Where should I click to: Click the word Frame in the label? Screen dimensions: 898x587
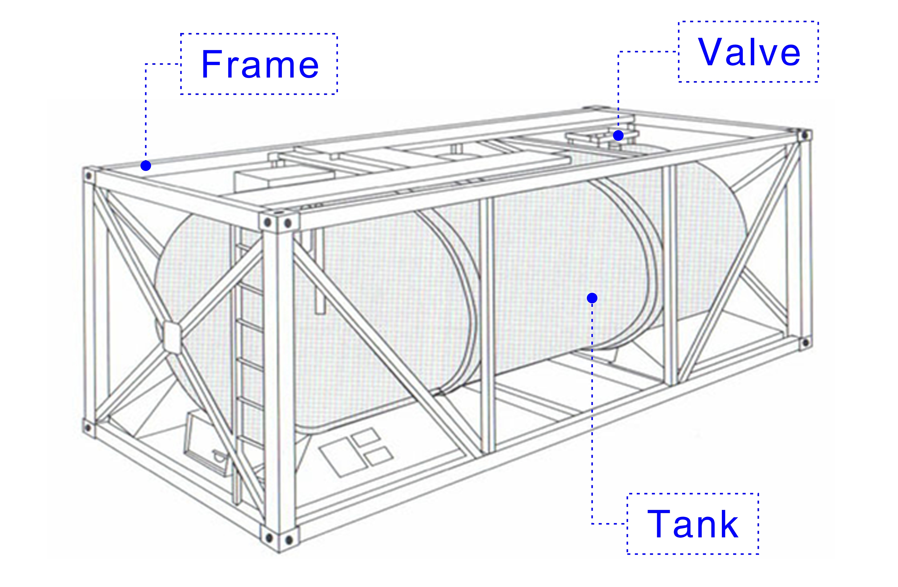(260, 64)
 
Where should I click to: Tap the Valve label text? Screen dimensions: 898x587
(749, 52)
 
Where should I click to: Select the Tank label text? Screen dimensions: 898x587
(692, 524)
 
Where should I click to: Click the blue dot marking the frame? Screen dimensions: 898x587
(146, 166)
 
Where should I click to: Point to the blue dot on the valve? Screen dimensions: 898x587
(618, 135)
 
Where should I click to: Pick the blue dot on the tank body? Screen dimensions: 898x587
(592, 298)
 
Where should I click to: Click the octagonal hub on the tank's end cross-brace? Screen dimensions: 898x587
(172, 337)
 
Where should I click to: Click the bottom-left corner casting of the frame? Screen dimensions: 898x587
(88, 427)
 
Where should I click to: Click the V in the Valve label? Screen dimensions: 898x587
(711, 52)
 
